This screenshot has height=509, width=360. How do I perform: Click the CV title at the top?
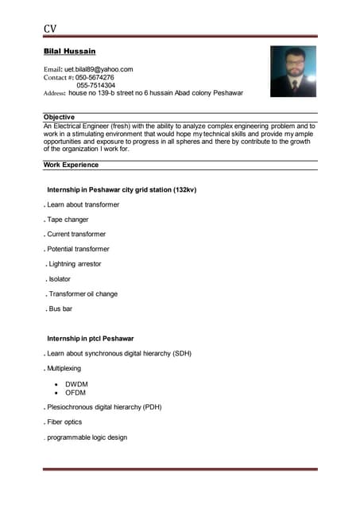[x=50, y=29]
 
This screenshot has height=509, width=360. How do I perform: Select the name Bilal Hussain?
[x=69, y=51]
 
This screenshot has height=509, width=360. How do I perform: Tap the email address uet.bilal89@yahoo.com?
[x=99, y=69]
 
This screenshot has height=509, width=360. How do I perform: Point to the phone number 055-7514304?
[x=95, y=85]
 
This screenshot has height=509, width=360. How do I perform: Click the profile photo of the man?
[x=293, y=72]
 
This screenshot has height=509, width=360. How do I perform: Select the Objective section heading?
[x=60, y=117]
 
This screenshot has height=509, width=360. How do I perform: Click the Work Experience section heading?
[x=72, y=165]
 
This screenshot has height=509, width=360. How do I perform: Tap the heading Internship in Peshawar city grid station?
[x=122, y=190]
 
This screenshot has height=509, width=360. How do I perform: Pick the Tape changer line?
[x=68, y=220]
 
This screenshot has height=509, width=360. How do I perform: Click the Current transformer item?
[x=75, y=235]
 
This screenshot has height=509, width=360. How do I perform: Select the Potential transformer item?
[x=78, y=249]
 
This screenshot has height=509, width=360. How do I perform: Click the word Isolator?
[x=60, y=279]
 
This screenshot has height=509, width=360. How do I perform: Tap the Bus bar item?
[x=60, y=309]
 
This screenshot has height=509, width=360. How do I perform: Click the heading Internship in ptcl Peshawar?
[x=91, y=339]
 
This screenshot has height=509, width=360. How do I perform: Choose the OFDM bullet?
[x=75, y=393]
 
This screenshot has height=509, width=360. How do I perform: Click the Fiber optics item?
[x=64, y=422]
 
